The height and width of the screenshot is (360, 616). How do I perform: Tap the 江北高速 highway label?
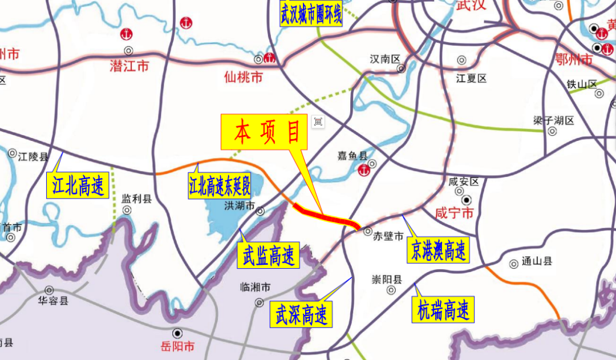click(78, 186)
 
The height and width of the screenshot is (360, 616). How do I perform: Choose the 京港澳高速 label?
click(439, 250)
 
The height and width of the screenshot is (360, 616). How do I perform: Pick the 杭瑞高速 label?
click(443, 311)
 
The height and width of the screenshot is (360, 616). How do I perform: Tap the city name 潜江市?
click(129, 66)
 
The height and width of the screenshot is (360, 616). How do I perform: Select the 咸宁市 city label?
click(455, 214)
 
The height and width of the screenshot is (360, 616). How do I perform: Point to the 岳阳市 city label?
click(177, 346)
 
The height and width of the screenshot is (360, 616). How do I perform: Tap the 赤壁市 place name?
click(388, 236)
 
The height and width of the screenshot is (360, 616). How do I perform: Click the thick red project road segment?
click(325, 216)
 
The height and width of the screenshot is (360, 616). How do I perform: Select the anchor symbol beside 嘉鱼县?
click(363, 169)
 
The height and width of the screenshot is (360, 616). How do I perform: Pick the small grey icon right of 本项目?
click(318, 121)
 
